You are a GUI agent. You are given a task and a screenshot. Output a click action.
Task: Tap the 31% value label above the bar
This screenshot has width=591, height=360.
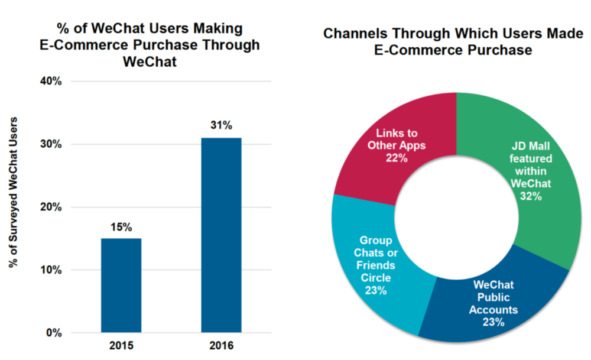pos(221,125)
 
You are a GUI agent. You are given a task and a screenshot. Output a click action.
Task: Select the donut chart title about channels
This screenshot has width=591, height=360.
pos(453,41)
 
